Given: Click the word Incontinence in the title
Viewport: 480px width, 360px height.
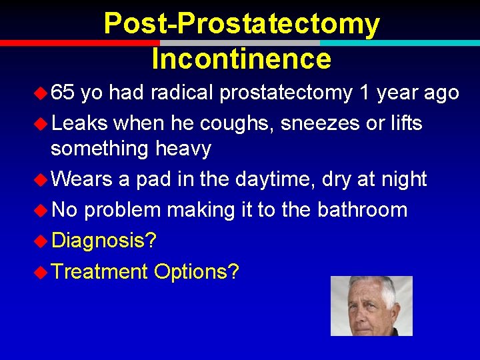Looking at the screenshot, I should point(241,58).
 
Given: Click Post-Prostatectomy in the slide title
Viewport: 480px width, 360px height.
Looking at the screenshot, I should point(241,24).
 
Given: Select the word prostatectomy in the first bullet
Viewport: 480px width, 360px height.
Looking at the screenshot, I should point(286,93).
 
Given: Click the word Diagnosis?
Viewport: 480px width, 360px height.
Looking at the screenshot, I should point(104,240).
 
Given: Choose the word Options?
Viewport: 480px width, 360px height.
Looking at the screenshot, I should point(196,271).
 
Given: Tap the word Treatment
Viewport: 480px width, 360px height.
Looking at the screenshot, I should point(99,271).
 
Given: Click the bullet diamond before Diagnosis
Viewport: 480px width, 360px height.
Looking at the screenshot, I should point(42,240).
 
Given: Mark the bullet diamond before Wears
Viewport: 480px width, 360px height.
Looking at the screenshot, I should point(42,179).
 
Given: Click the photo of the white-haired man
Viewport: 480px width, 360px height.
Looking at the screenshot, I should point(371,306).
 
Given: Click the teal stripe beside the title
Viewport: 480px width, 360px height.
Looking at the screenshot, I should point(400,43).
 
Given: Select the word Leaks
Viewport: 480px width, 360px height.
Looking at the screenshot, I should point(79,123).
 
